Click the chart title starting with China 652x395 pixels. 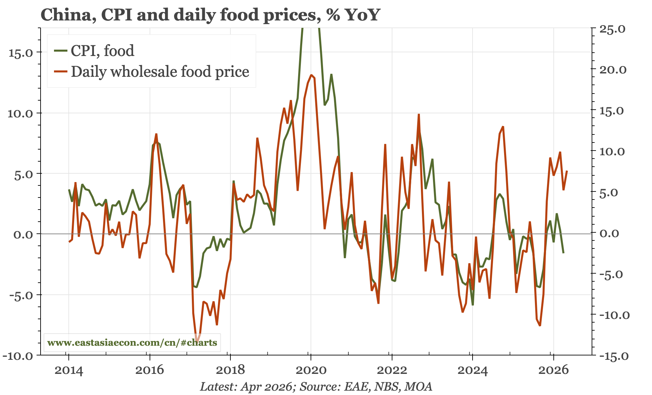coord(210,15)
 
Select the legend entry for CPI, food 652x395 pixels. coord(94,51)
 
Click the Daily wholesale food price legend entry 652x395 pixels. coord(152,71)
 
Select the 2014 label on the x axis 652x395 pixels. coord(68,371)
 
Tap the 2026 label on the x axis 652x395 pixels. coord(553,371)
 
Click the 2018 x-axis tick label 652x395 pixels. coord(230,371)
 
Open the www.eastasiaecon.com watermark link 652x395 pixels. coord(132,343)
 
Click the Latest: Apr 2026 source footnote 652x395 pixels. coord(316,387)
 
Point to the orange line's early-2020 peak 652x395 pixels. coord(311,75)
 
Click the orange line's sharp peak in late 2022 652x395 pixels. coord(419,115)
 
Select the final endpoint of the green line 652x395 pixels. coord(563,253)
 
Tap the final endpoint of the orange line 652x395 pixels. coord(567,171)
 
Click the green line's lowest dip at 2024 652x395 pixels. coord(473,304)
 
